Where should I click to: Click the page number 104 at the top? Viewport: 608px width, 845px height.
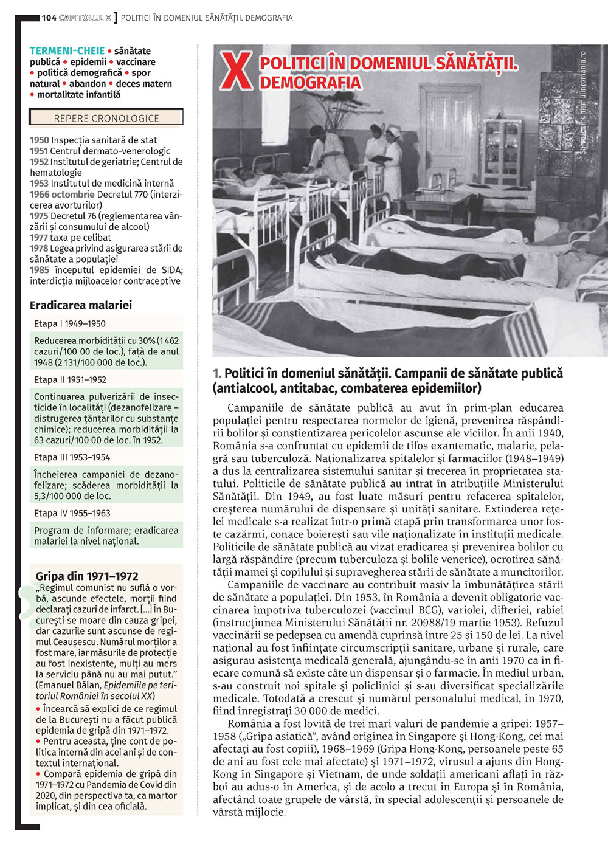click(49, 18)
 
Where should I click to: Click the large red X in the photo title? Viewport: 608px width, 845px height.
click(237, 71)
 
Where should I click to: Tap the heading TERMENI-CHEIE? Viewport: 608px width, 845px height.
click(67, 51)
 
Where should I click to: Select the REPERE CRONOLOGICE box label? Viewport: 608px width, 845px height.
click(106, 119)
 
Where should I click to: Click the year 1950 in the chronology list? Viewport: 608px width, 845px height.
click(40, 140)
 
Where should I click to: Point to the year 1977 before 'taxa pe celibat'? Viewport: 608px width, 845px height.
click(39, 238)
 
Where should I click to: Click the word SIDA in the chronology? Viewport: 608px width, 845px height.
click(172, 270)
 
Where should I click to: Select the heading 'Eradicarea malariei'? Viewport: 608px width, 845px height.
click(81, 305)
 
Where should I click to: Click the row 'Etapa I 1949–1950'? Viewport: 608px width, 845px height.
click(70, 324)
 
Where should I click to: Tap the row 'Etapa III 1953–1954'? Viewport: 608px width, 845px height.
click(72, 457)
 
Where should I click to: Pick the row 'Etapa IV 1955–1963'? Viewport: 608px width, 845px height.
click(72, 513)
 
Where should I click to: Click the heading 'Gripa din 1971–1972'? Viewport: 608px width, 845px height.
click(87, 576)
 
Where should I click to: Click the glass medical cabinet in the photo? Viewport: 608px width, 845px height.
click(502, 152)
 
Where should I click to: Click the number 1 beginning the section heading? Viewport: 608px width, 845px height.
click(216, 374)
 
